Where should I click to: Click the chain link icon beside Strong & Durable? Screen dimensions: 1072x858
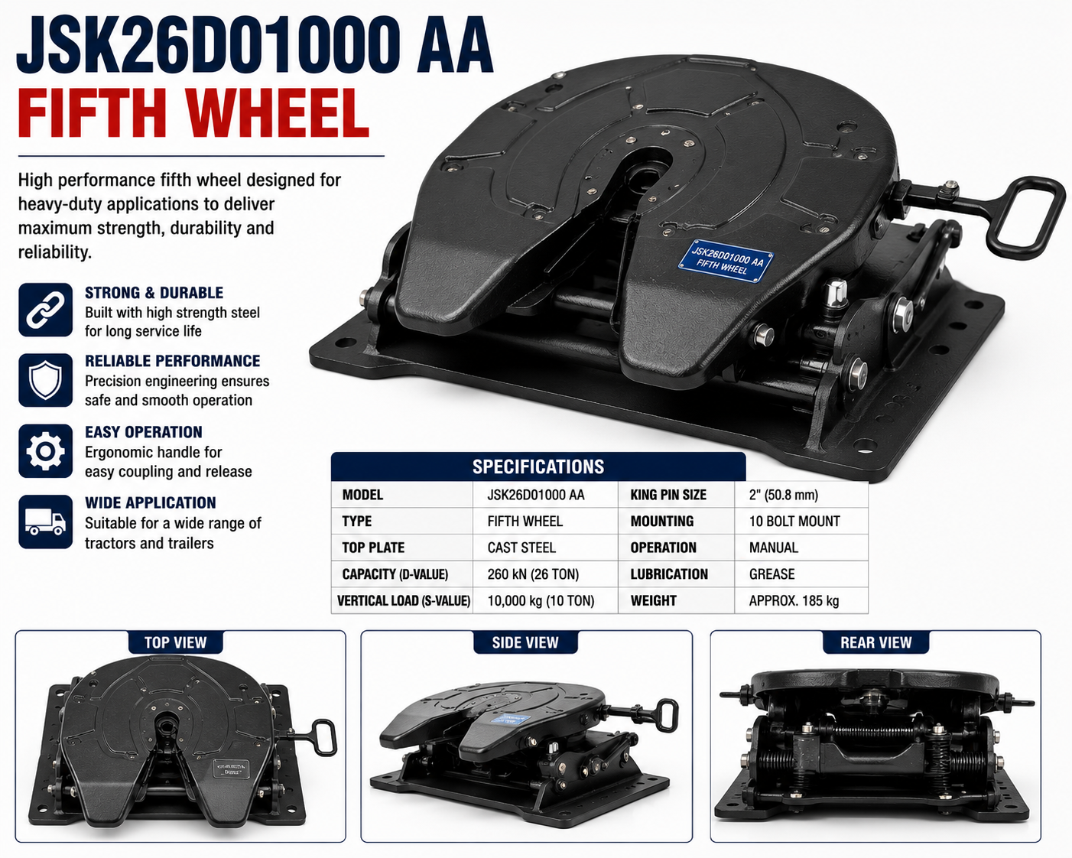click(x=45, y=310)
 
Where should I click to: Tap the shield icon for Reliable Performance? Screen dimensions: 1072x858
click(x=45, y=380)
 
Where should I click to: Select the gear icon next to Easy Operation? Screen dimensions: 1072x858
click(x=45, y=451)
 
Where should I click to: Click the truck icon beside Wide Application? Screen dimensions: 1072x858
click(x=45, y=522)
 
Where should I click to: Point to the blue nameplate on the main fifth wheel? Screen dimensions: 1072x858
click(x=726, y=261)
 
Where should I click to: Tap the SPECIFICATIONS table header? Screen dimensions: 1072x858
click(x=538, y=466)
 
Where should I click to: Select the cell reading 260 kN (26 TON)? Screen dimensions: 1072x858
click(x=533, y=574)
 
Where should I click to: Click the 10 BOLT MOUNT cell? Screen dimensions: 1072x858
click(x=794, y=522)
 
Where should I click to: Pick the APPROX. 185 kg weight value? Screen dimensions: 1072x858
click(x=794, y=600)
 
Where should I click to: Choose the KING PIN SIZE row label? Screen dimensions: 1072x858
click(x=668, y=495)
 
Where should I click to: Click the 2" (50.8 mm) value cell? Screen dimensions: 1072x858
click(x=784, y=495)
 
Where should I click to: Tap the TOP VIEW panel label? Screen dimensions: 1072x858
click(x=175, y=642)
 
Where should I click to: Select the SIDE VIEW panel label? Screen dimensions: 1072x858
click(x=525, y=642)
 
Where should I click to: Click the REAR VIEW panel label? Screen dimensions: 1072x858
click(x=875, y=642)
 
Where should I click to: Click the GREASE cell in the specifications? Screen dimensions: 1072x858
click(x=772, y=574)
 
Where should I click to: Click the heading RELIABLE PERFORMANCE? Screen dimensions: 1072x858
click(x=172, y=361)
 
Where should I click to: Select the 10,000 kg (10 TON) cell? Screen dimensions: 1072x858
click(x=541, y=600)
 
